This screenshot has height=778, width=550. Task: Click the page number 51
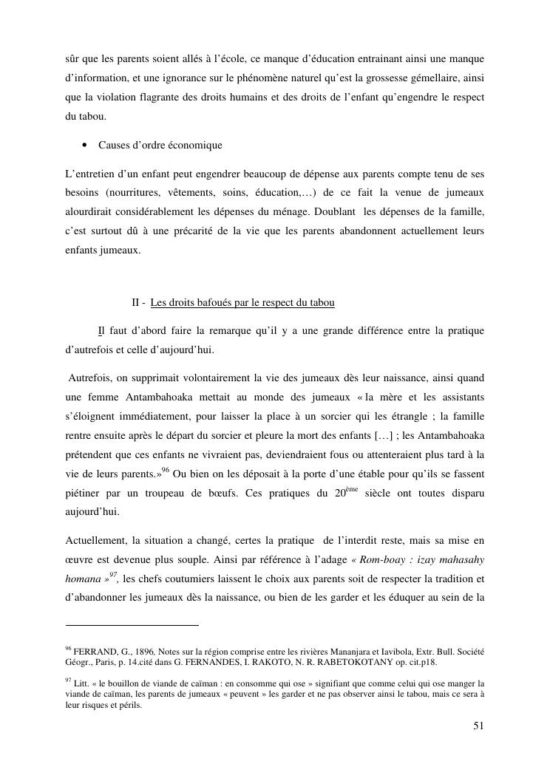pyautogui.click(x=478, y=726)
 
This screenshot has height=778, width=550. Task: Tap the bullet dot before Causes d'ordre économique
pyautogui.click(x=86, y=146)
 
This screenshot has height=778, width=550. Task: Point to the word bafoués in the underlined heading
pyautogui.click(x=218, y=303)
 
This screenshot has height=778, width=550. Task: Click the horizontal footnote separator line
pyautogui.click(x=132, y=625)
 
